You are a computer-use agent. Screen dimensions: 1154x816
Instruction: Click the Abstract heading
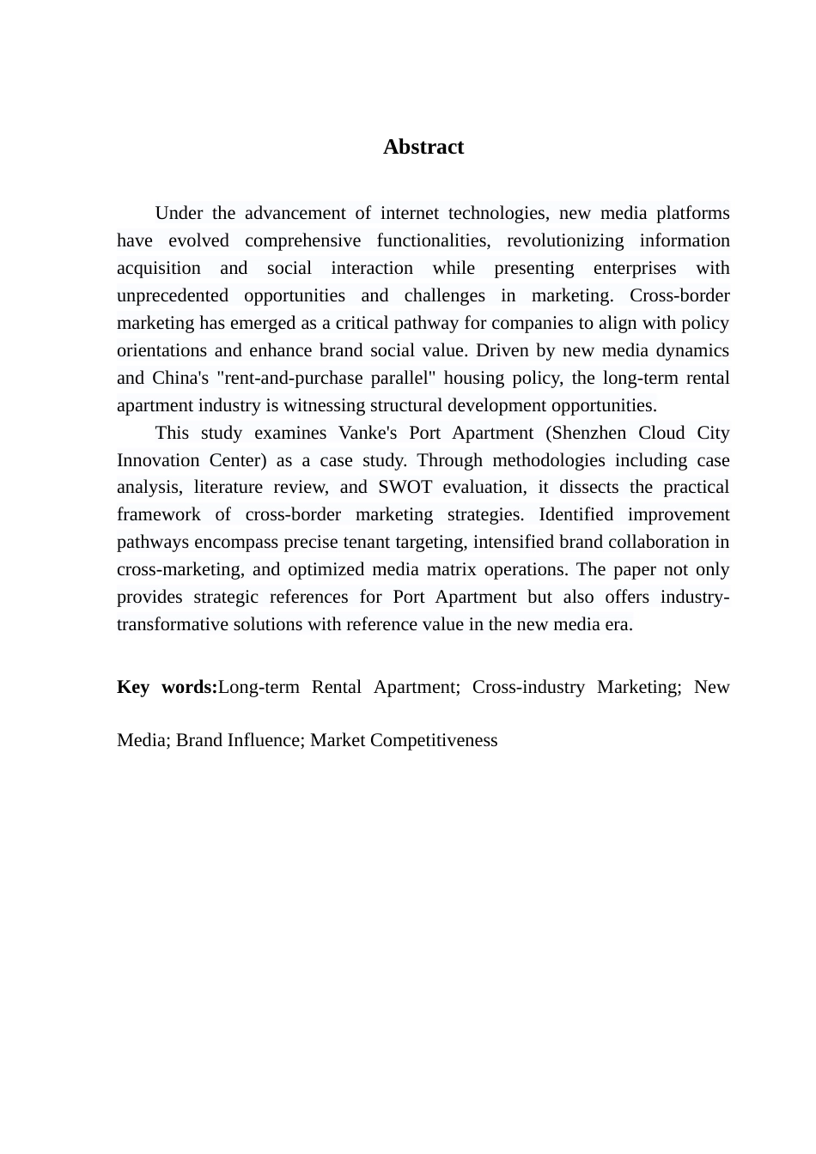click(x=423, y=147)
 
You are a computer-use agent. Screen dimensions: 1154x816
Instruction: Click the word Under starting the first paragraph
click(x=178, y=213)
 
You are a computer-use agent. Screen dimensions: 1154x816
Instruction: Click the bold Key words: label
click(x=167, y=687)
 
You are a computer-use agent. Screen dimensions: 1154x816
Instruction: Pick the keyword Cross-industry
click(x=528, y=687)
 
